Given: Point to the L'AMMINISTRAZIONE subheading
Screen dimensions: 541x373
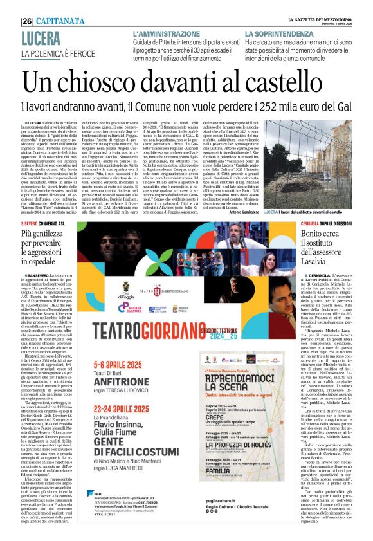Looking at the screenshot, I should click(x=170, y=33).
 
